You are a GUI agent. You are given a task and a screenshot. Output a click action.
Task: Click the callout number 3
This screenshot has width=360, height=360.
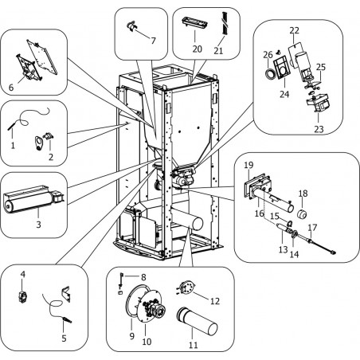(x=39, y=225)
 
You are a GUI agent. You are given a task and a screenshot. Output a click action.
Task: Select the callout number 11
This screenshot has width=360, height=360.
(x=194, y=345)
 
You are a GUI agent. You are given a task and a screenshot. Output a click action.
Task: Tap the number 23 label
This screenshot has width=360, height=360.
(x=319, y=129)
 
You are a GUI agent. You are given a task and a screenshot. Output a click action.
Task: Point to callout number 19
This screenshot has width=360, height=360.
(x=248, y=165)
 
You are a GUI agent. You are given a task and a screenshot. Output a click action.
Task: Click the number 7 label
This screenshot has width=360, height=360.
(x=153, y=41)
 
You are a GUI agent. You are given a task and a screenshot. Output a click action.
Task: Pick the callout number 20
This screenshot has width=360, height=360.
(x=198, y=49)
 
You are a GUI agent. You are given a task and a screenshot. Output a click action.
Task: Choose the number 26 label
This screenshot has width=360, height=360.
(x=268, y=55)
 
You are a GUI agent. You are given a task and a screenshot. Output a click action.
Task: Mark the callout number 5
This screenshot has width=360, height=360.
(x=64, y=338)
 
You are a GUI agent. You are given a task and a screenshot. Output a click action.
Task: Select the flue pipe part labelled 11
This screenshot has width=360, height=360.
(x=197, y=321)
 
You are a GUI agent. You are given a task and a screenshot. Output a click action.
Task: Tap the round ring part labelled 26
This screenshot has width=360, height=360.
(x=270, y=73)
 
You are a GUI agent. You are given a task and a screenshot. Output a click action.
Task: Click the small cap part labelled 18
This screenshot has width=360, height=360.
(x=302, y=214)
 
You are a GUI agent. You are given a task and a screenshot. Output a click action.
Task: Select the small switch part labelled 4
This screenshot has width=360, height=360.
(x=23, y=296)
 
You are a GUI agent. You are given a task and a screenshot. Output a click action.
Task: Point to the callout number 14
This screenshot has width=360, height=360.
(x=294, y=254)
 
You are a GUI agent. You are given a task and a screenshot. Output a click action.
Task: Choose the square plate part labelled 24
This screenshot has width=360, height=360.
(x=280, y=67)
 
